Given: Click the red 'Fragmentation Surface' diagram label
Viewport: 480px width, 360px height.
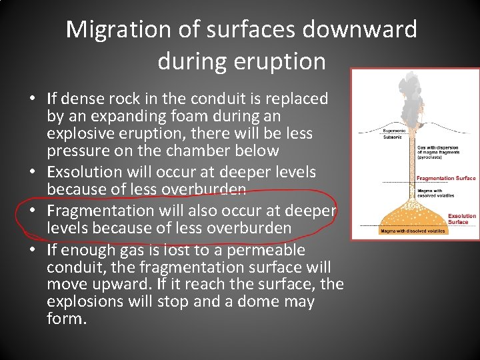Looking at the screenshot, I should tap(445, 178).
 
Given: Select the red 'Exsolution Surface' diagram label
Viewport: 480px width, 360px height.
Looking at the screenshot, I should tap(462, 219).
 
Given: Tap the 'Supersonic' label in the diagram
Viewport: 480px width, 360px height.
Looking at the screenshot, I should tap(394, 131).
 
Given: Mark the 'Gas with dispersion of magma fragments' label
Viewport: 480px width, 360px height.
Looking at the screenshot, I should tap(439, 153).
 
